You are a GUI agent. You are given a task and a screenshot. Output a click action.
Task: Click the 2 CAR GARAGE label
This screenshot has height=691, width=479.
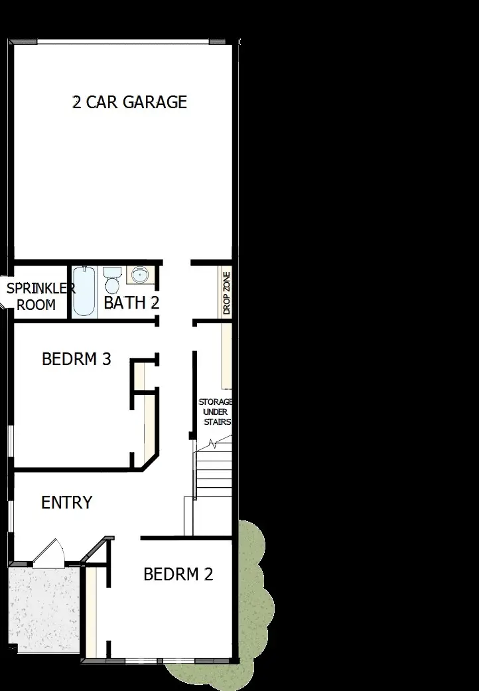[129, 102]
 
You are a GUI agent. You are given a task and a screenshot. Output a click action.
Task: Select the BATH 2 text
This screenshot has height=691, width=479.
[131, 303]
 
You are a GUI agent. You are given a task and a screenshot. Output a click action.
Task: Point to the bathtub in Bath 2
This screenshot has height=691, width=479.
[84, 291]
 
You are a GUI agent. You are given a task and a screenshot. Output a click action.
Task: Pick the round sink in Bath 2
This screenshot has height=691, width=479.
[139, 274]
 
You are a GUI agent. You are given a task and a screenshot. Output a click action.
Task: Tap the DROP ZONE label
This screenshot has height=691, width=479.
[226, 292]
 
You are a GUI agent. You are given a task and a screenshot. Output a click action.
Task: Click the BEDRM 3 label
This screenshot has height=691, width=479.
[76, 359]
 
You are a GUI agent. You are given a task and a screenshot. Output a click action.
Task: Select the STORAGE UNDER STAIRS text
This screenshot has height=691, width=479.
[215, 412]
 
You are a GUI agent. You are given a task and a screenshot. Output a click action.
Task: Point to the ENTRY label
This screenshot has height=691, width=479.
[66, 502]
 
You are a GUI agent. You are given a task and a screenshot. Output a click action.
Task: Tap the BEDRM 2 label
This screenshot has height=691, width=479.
[178, 574]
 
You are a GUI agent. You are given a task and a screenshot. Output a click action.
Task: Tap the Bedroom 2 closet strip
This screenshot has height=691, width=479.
[92, 611]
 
